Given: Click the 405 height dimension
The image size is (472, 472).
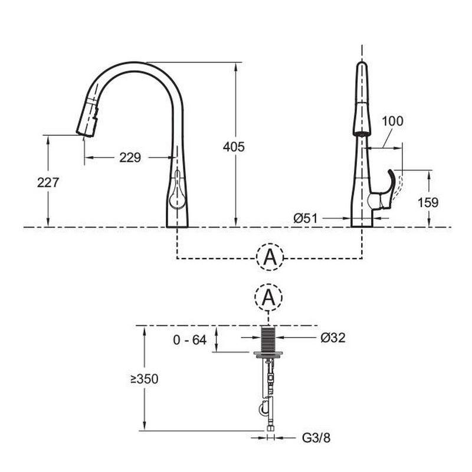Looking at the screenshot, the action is (234, 147).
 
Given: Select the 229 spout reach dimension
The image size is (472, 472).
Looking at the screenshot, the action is (130, 158).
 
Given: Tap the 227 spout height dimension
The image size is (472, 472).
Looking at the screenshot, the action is (48, 182).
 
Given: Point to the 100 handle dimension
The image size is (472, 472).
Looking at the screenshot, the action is (392, 121).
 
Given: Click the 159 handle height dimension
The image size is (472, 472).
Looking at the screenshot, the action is (428, 202).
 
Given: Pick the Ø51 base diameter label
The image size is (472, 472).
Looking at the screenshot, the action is (305, 218).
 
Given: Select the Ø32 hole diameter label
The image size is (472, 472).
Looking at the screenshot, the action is (333, 337).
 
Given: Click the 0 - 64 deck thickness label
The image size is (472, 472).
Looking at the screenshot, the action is (190, 340).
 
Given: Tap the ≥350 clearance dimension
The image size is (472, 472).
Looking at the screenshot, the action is (145, 379).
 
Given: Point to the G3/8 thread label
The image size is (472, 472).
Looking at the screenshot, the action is (316, 438).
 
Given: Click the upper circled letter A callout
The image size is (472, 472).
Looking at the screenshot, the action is (270, 257).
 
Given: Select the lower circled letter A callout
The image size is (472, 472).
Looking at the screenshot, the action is (268, 297).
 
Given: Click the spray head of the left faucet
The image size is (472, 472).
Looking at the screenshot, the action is (87, 117).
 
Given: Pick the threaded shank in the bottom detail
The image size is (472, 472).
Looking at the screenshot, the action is (268, 339).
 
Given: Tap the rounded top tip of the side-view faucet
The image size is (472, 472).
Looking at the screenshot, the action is (362, 65).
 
